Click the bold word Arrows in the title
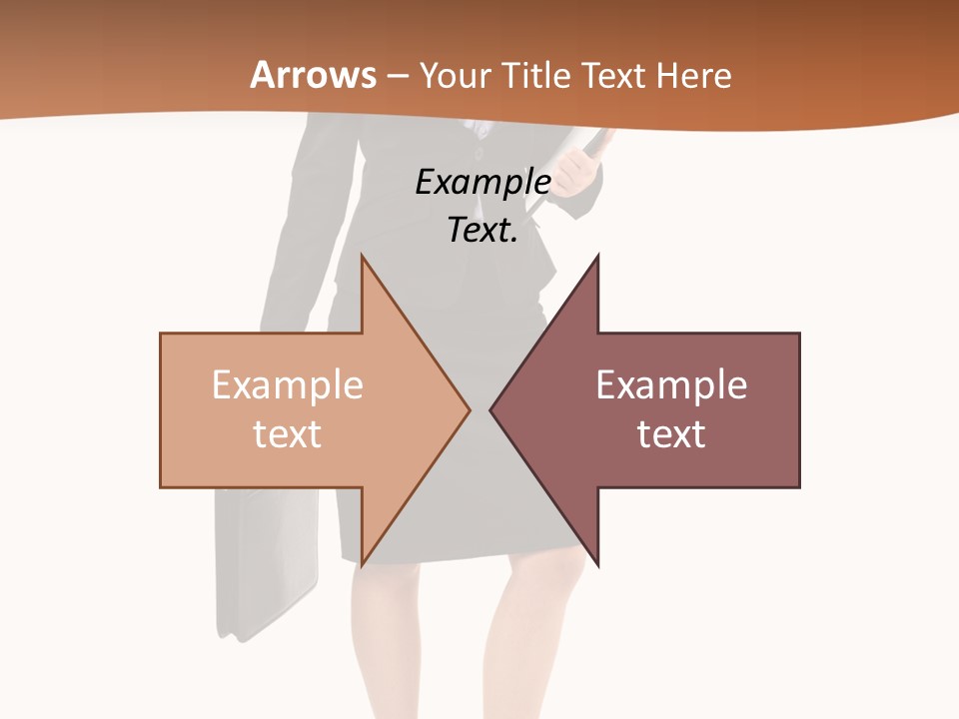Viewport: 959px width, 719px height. [x=313, y=75]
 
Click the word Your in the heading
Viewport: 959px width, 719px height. [x=452, y=76]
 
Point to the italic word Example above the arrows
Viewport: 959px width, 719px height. [x=482, y=182]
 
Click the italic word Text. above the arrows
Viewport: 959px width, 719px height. [x=482, y=231]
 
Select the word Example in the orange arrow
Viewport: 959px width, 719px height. [x=288, y=384]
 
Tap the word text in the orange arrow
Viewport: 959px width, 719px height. [x=288, y=433]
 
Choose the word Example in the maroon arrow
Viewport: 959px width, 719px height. [x=671, y=384]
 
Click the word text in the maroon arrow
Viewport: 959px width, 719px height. [x=671, y=433]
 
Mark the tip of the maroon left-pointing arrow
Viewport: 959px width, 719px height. [x=491, y=409]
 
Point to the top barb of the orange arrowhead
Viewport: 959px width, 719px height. [x=362, y=258]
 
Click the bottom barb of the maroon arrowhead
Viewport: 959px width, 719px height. [x=597, y=564]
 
